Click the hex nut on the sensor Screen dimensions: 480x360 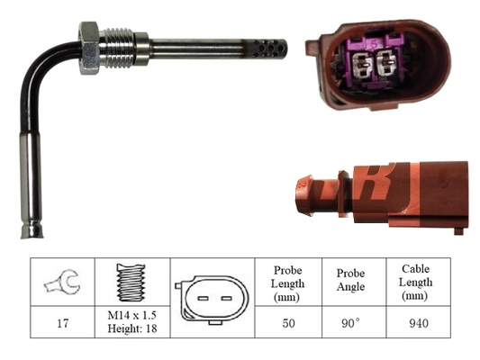(x=89, y=48)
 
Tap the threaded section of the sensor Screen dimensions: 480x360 (x=118, y=48)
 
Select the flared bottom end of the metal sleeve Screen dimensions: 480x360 (x=32, y=231)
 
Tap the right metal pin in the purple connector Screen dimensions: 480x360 (x=386, y=63)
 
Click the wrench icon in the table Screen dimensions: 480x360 (x=62, y=282)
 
